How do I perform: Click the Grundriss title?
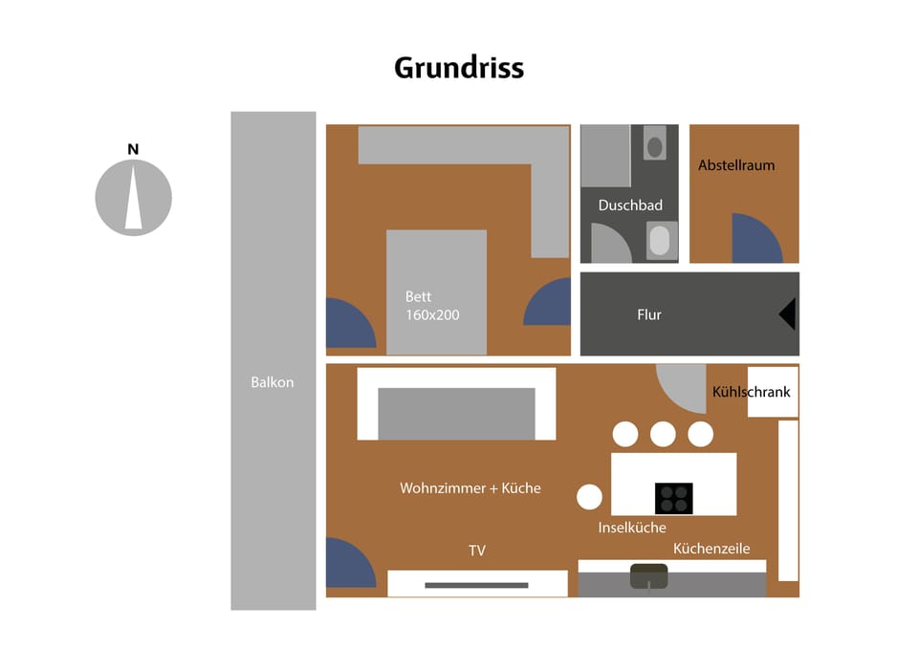click(459, 69)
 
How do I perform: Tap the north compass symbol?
click(133, 197)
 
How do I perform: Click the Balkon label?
click(273, 382)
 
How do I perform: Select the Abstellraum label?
click(736, 165)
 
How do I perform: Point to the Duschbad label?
click(630, 205)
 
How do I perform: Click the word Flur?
click(649, 314)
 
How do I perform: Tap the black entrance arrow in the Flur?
click(787, 313)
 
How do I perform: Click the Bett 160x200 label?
click(432, 305)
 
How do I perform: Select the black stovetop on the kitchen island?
click(673, 498)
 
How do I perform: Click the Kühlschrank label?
click(752, 392)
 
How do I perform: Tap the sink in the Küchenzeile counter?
click(649, 575)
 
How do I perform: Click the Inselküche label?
click(632, 528)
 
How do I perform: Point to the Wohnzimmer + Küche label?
click(470, 488)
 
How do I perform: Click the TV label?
click(477, 551)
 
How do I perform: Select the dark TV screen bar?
click(476, 585)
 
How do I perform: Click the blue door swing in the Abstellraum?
click(761, 242)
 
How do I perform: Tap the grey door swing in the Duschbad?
click(608, 245)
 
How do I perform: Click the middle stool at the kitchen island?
click(663, 435)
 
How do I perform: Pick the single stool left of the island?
click(589, 497)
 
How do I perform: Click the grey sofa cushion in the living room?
click(456, 413)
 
